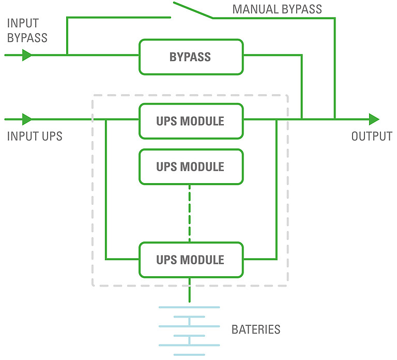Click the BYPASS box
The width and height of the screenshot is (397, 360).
click(191, 57)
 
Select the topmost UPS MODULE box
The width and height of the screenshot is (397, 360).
click(191, 121)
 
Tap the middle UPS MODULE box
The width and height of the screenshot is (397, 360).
click(191, 167)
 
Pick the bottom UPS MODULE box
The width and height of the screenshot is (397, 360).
click(191, 260)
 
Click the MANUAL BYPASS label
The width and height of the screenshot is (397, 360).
click(277, 9)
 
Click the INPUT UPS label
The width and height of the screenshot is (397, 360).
click(35, 137)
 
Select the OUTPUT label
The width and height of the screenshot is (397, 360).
click(372, 137)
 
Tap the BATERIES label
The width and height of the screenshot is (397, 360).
click(256, 329)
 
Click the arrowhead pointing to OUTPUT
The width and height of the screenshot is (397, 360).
click(374, 119)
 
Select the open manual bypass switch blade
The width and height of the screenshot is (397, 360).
click(192, 10)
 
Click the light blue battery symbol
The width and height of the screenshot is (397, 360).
click(189, 331)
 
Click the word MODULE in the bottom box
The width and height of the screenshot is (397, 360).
click(202, 260)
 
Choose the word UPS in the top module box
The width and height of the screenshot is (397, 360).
click(166, 121)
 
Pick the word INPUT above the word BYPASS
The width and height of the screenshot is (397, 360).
click(22, 24)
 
